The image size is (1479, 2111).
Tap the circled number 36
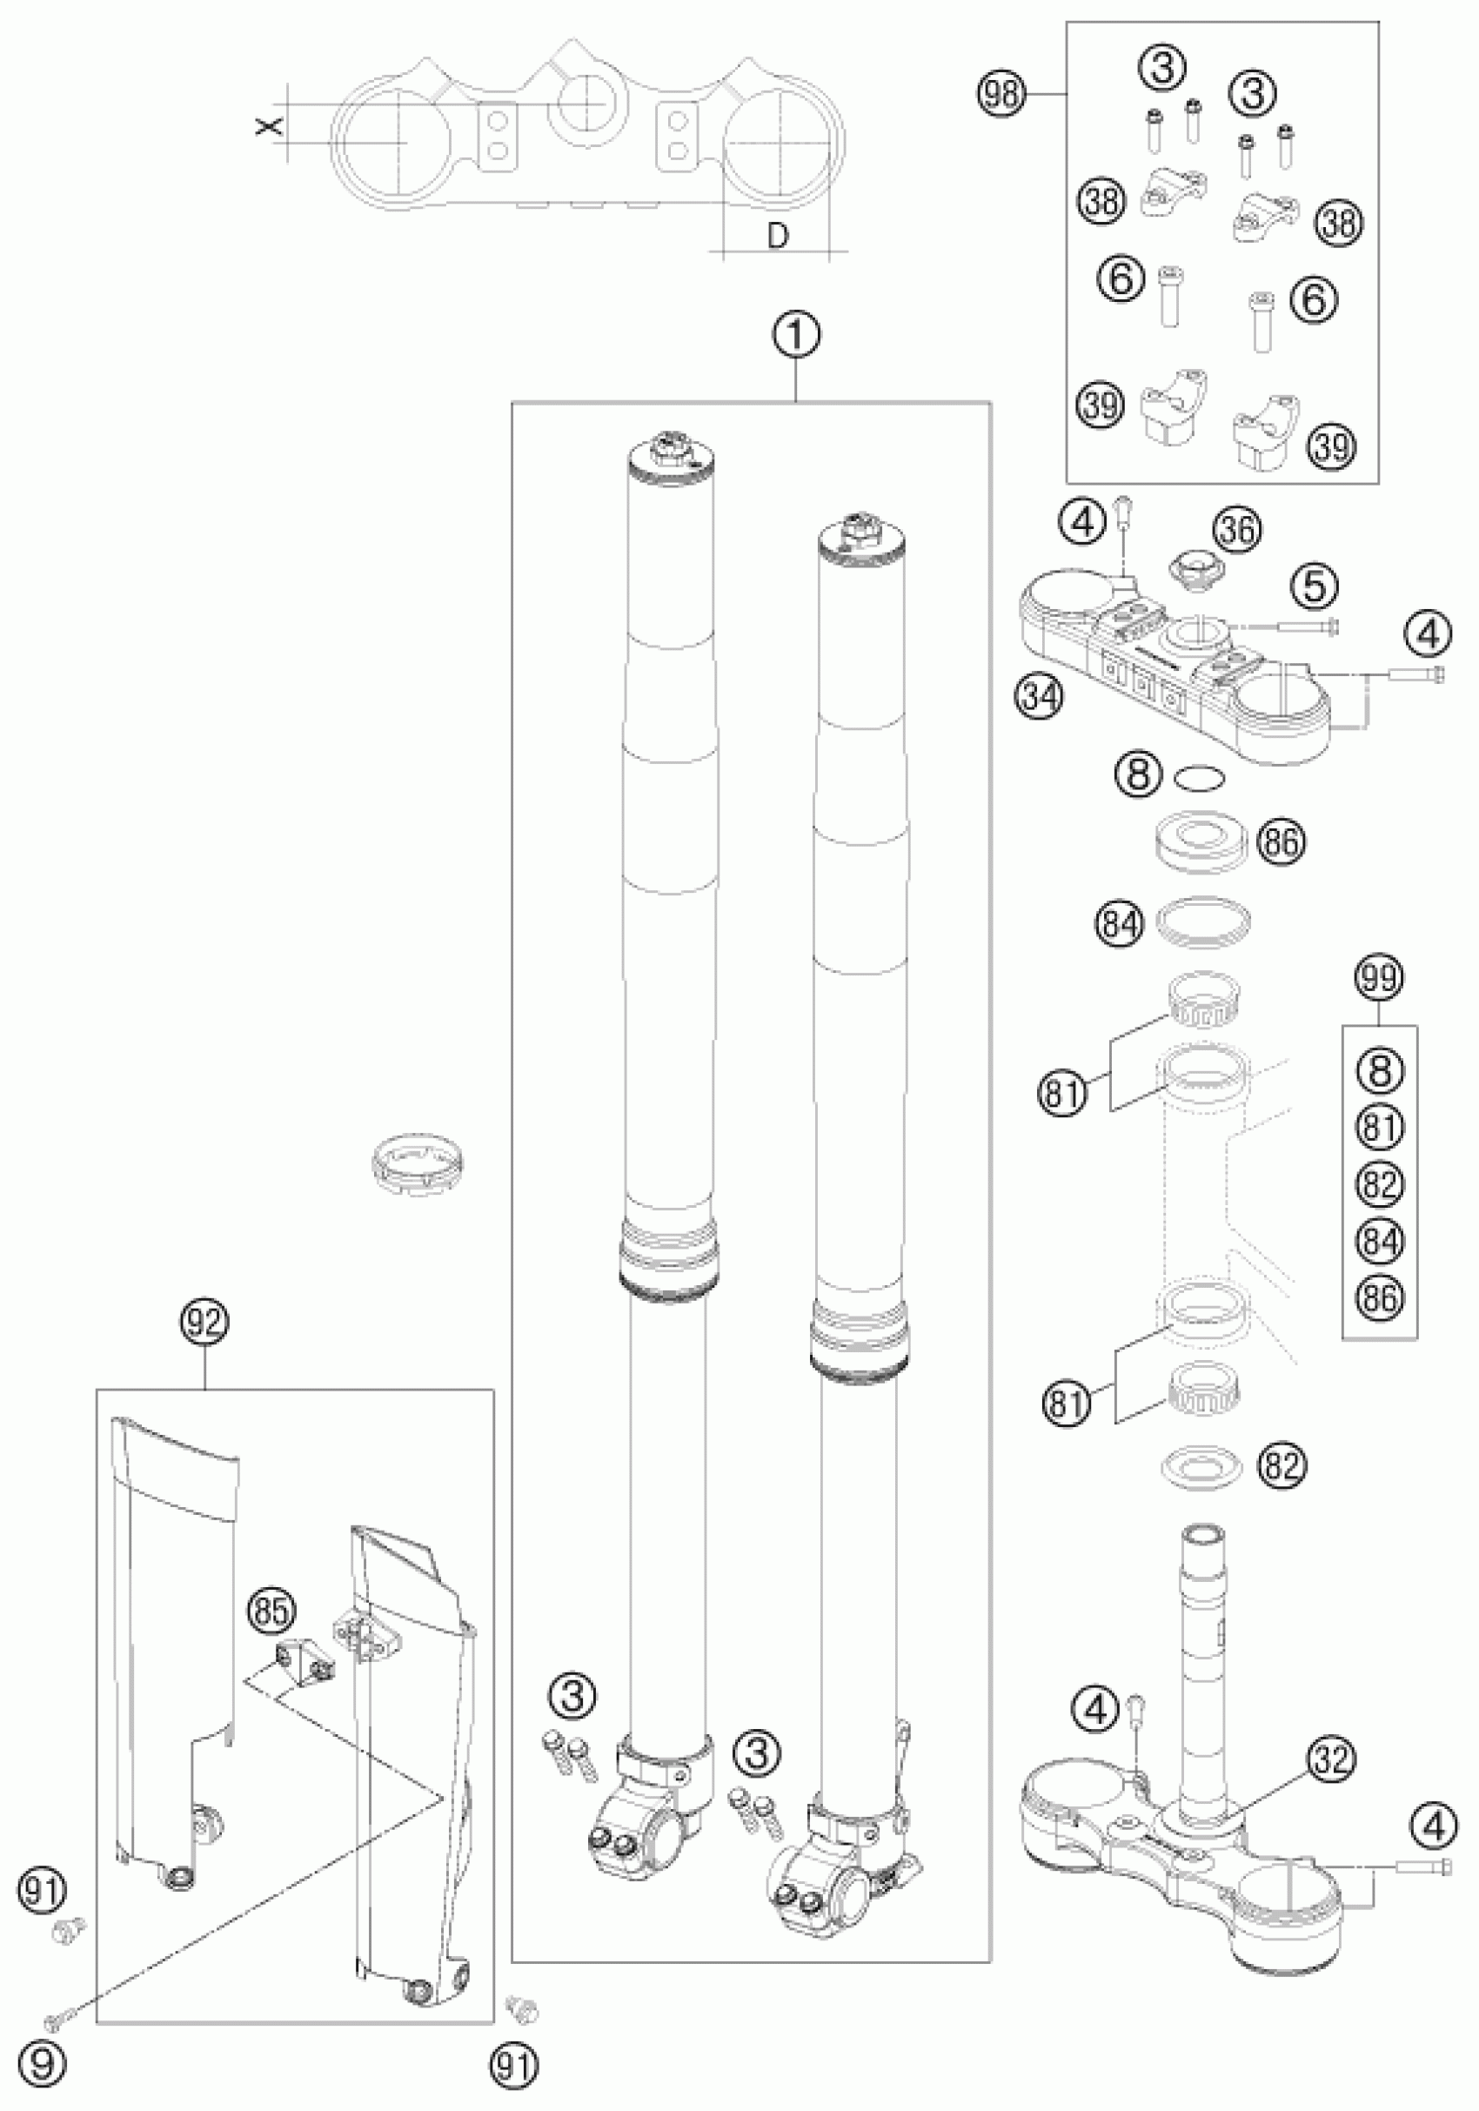coord(1236,530)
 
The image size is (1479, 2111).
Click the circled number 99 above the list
coord(1380,977)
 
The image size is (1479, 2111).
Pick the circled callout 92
coord(204,1322)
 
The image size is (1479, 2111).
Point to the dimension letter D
coord(778,237)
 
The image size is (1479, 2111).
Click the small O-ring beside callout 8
coord(1201,779)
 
